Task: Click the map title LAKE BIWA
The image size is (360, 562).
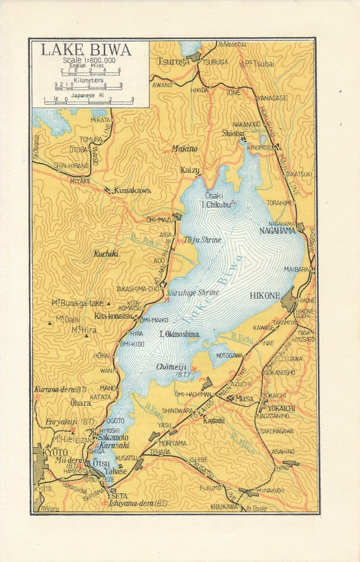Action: pyautogui.click(x=86, y=50)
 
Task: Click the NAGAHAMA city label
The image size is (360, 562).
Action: pyautogui.click(x=277, y=230)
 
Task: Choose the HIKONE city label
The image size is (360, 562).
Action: pyautogui.click(x=265, y=295)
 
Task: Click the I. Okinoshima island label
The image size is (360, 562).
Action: pyautogui.click(x=179, y=334)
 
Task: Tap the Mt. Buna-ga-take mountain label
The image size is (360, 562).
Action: pyautogui.click(x=79, y=303)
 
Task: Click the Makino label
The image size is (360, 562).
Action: pyautogui.click(x=184, y=148)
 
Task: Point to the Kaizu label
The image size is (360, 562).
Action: pyautogui.click(x=190, y=170)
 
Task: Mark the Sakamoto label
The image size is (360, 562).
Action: pyautogui.click(x=114, y=437)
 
